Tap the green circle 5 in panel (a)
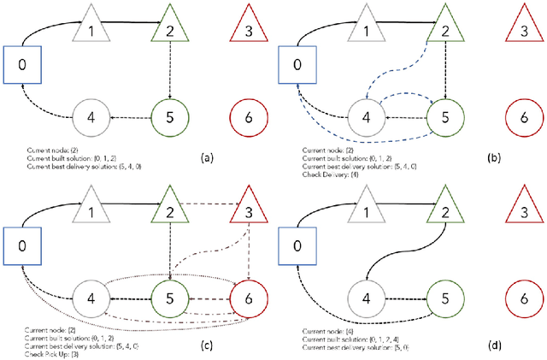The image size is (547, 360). [x=170, y=115]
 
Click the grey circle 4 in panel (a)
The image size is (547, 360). [x=91, y=116]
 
